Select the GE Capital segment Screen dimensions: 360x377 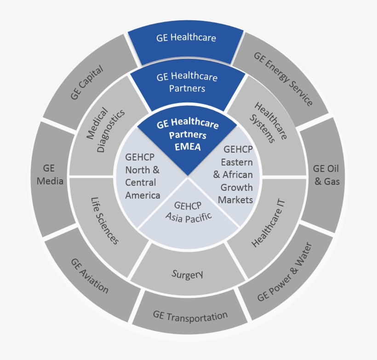(x=87, y=82)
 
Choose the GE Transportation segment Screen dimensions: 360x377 (x=190, y=316)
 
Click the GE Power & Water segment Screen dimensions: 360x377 (x=284, y=272)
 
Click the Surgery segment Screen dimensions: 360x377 (x=187, y=275)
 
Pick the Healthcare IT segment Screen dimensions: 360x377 (x=269, y=223)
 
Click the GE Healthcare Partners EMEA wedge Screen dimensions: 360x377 (x=187, y=138)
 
